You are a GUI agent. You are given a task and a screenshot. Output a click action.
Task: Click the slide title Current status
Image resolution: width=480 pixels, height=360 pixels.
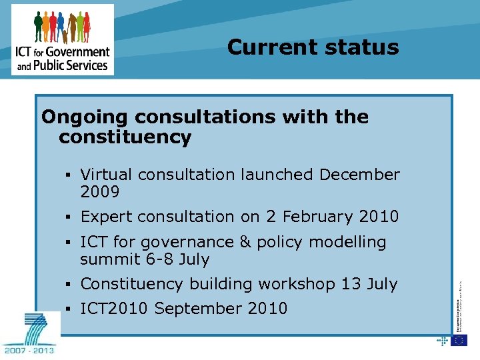coord(313,47)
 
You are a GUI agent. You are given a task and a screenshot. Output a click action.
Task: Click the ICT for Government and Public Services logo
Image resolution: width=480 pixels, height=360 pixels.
coord(63,39)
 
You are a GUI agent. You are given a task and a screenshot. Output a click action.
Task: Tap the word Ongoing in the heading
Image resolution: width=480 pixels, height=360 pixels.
coord(85,117)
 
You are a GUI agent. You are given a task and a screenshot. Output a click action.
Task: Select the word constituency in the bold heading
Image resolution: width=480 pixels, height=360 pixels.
coord(125,138)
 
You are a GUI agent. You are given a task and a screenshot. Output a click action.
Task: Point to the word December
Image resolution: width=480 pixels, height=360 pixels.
coord(359,175)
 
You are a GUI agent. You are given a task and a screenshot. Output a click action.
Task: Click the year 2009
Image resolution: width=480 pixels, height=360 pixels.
coord(99,193)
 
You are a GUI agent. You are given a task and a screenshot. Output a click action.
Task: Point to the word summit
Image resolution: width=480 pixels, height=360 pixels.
coord(109,259)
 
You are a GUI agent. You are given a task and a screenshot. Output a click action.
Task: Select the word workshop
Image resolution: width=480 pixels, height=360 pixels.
coord(296,284)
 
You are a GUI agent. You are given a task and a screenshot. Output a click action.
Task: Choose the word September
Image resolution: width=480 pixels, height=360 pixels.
coord(200,309)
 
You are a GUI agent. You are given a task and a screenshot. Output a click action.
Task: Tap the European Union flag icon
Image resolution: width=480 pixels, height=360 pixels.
coord(459,340)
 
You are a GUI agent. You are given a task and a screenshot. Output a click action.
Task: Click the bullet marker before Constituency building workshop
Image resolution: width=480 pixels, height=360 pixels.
coord(70,285)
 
